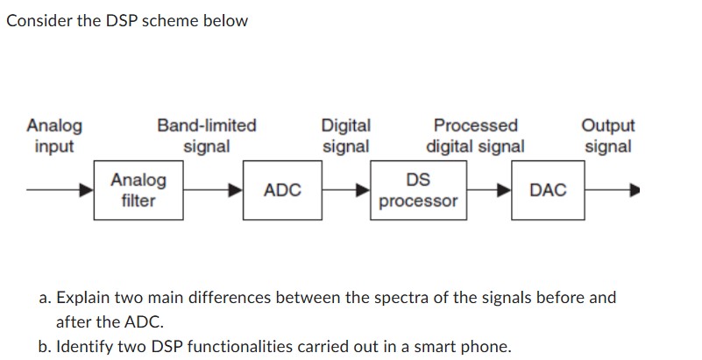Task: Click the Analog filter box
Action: pos(138,190)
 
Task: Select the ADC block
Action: pos(282,190)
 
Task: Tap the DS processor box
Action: pos(418,190)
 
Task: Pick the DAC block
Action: pos(549,190)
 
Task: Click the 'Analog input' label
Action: pos(54,136)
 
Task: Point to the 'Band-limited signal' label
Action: pos(207,136)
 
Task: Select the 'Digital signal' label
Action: pos(346,136)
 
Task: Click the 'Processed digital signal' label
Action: pos(476,136)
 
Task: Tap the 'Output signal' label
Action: pos(608,136)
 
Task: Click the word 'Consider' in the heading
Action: pos(36,20)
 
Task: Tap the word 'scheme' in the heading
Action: pos(155,20)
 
